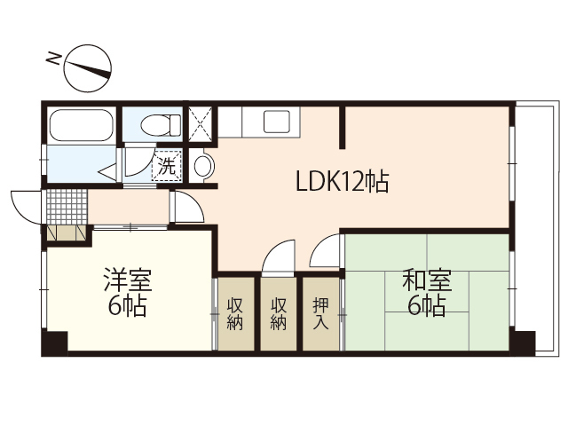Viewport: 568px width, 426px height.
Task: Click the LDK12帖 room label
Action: click(x=341, y=183)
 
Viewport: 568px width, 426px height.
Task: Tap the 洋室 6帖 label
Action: click(x=128, y=294)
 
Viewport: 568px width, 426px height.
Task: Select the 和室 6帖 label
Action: click(x=427, y=294)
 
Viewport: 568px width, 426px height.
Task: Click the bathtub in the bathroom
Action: click(x=81, y=125)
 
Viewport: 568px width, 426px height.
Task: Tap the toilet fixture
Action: click(x=154, y=123)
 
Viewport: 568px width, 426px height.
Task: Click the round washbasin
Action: click(x=202, y=165)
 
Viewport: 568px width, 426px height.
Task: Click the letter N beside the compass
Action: click(x=54, y=60)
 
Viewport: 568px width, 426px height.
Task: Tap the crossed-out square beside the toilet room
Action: click(x=201, y=124)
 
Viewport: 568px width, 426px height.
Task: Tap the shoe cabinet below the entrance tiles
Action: click(x=67, y=233)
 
